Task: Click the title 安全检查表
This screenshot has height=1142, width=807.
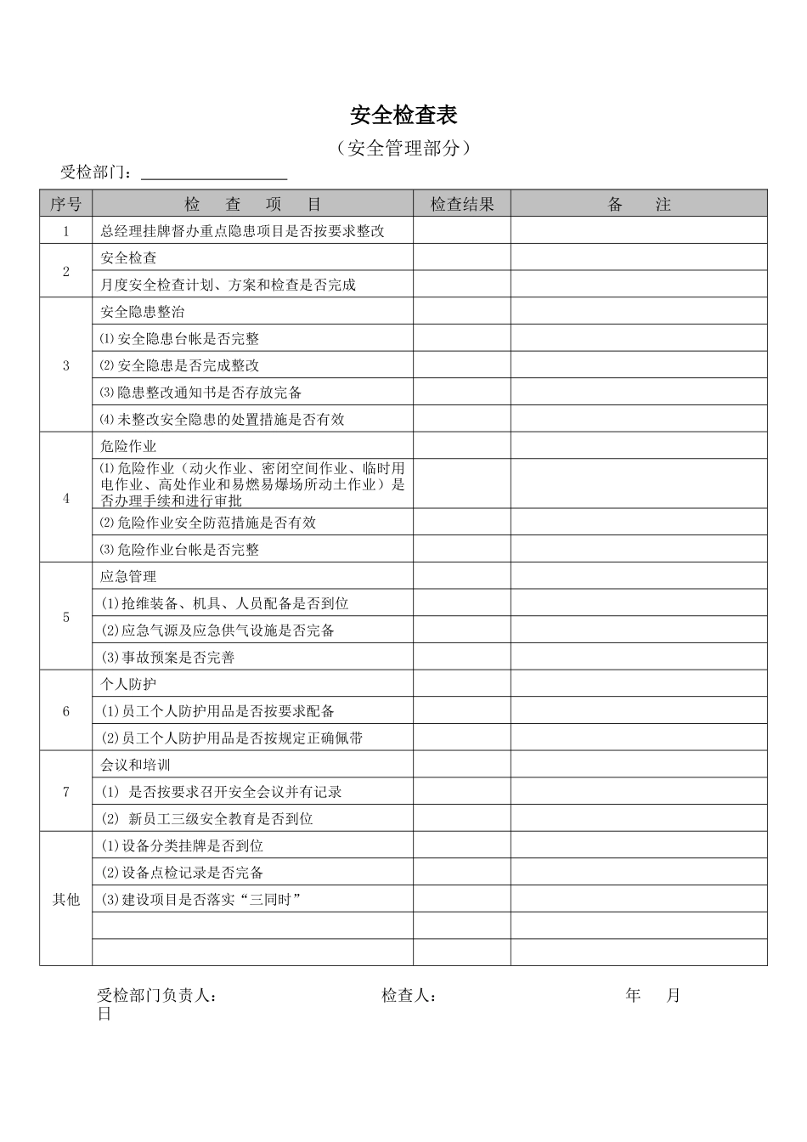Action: click(x=403, y=116)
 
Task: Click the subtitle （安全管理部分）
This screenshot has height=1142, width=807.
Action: click(x=403, y=148)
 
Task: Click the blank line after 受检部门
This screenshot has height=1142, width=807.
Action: click(x=214, y=173)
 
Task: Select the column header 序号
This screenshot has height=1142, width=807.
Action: click(x=65, y=204)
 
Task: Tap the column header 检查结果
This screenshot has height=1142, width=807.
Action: click(x=461, y=204)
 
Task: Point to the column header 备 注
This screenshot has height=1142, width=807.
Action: click(x=639, y=204)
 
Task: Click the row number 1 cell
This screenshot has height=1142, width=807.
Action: click(x=65, y=231)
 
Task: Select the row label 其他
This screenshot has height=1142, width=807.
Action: click(x=65, y=899)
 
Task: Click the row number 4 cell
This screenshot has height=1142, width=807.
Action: click(x=65, y=499)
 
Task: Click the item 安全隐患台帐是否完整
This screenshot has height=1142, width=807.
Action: click(x=180, y=339)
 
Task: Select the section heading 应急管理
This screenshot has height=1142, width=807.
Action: click(x=128, y=576)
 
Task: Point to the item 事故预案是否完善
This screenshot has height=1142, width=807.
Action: click(x=168, y=657)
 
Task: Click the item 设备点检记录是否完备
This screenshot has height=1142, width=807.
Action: click(x=183, y=873)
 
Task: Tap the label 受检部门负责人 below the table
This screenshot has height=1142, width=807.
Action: click(x=156, y=996)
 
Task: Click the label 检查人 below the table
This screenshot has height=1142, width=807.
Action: click(x=409, y=996)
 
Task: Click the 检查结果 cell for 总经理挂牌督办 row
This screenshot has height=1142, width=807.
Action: click(x=461, y=231)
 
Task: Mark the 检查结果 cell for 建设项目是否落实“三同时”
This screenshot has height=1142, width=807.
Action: click(x=461, y=899)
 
